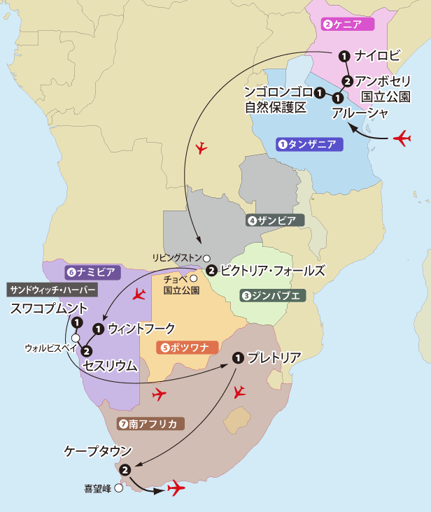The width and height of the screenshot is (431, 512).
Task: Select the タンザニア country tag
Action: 307,145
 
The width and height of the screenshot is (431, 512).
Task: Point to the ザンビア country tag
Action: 276,220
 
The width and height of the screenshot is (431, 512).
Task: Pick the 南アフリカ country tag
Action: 150,423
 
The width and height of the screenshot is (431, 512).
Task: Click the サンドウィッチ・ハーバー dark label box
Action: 52,288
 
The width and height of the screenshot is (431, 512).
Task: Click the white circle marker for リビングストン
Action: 206,257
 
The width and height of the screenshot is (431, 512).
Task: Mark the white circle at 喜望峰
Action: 119,489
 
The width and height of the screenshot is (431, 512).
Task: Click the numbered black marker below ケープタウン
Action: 125,469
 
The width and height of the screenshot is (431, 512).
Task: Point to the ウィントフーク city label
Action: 142,327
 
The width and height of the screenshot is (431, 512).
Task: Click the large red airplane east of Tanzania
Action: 402,138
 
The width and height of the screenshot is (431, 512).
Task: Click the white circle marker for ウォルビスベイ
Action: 75,338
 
